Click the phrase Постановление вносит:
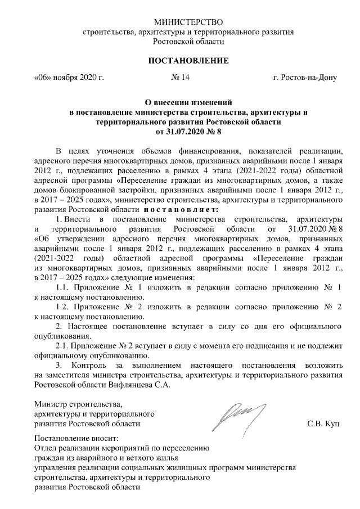tap(76, 439)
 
